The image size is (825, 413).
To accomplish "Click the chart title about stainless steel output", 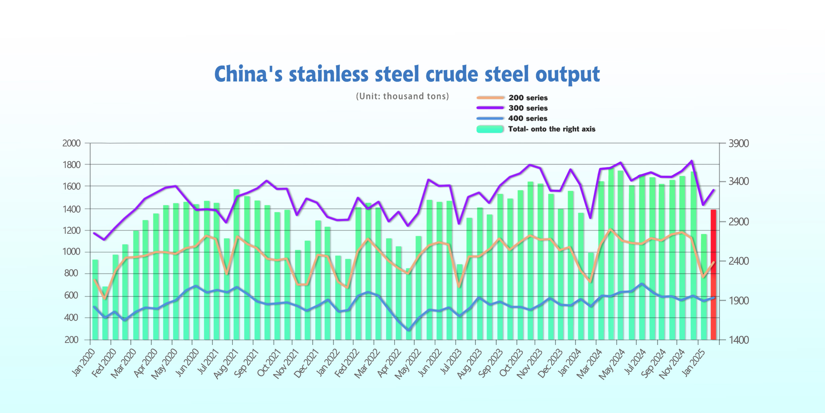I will [407, 74].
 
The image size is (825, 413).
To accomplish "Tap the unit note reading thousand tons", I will [402, 96].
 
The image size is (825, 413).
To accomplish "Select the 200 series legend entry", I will [528, 98].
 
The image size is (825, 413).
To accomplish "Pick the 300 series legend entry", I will [528, 108].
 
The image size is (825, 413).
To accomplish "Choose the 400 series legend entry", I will [527, 118].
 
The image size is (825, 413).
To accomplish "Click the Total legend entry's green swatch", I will [490, 129].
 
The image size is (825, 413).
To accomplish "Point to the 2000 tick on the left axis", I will [71, 143].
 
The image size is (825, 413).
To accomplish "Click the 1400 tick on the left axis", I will [71, 209].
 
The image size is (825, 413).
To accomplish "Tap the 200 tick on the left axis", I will [71, 340].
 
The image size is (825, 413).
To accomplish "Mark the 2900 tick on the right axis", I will [738, 222].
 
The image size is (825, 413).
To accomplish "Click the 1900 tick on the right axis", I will [738, 301].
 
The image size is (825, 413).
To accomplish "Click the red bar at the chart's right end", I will [713, 276].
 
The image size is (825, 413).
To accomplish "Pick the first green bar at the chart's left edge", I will [95, 299].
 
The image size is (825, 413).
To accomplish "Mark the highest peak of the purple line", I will [691, 161].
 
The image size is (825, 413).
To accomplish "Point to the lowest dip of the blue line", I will [408, 330].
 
